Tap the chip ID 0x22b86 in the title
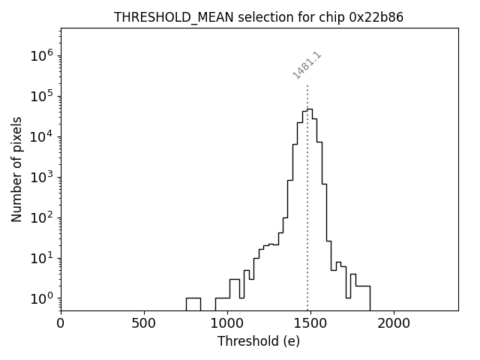[376, 17]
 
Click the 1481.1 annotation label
[307, 65]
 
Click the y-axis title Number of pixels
[16, 169]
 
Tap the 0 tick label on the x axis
[61, 324]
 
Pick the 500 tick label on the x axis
[144, 324]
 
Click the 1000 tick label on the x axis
[227, 324]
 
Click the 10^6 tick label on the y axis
[40, 55]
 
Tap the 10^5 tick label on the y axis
[40, 96]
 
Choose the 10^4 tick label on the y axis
[40, 136]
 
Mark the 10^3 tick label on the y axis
[40, 177]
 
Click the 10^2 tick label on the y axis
[40, 217]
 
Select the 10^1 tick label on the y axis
[40, 258]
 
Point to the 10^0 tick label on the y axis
[40, 298]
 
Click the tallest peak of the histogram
[309, 109]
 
